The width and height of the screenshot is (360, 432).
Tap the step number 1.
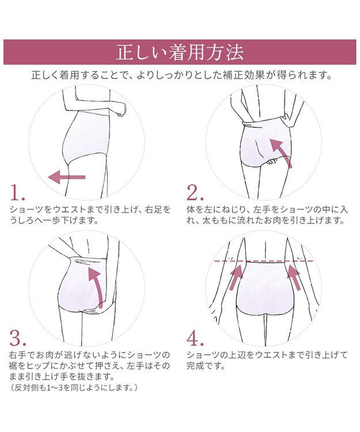(x=18, y=194)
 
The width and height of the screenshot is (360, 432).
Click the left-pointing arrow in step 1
(x=66, y=177)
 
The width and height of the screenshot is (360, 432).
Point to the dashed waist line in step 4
(x=265, y=262)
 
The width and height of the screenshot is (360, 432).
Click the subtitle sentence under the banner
(x=180, y=75)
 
